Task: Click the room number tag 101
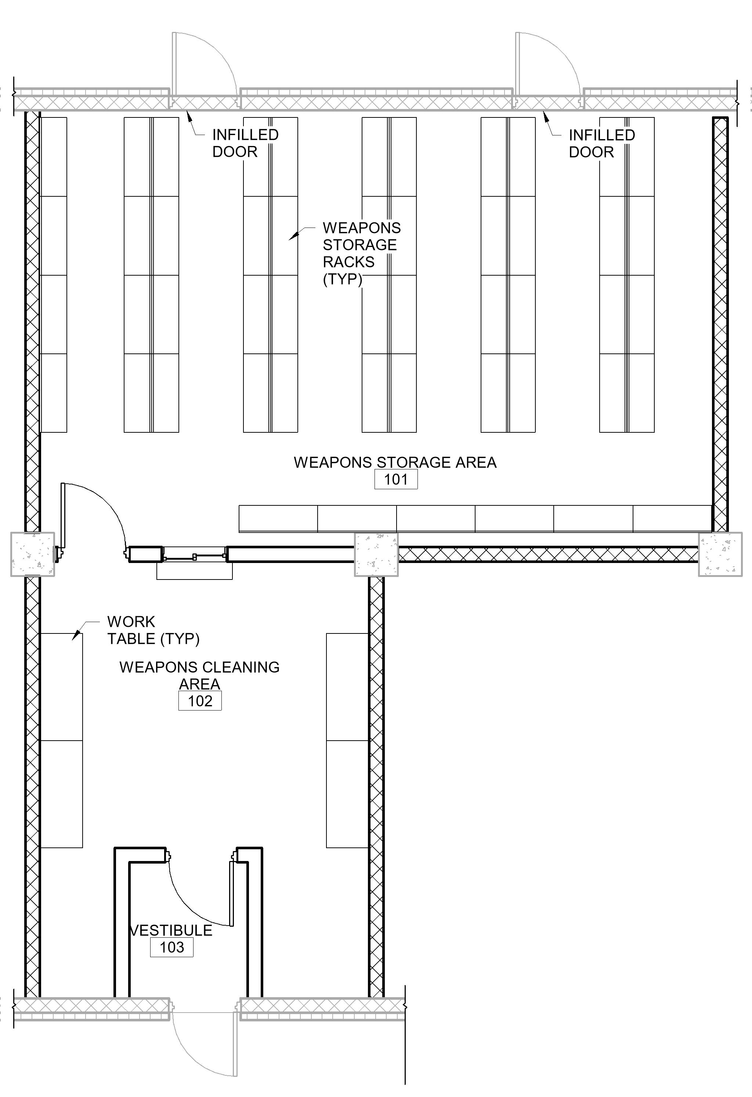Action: [396, 479]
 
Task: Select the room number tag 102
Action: [200, 701]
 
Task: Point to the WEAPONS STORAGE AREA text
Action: [395, 462]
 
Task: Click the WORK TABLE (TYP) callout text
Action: [153, 630]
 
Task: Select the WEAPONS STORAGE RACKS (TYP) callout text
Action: [361, 254]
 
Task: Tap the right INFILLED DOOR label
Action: [601, 144]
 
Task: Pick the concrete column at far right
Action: [720, 554]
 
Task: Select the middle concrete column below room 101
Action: [376, 554]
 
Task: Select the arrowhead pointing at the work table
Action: [75, 637]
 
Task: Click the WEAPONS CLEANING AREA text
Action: [199, 675]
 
